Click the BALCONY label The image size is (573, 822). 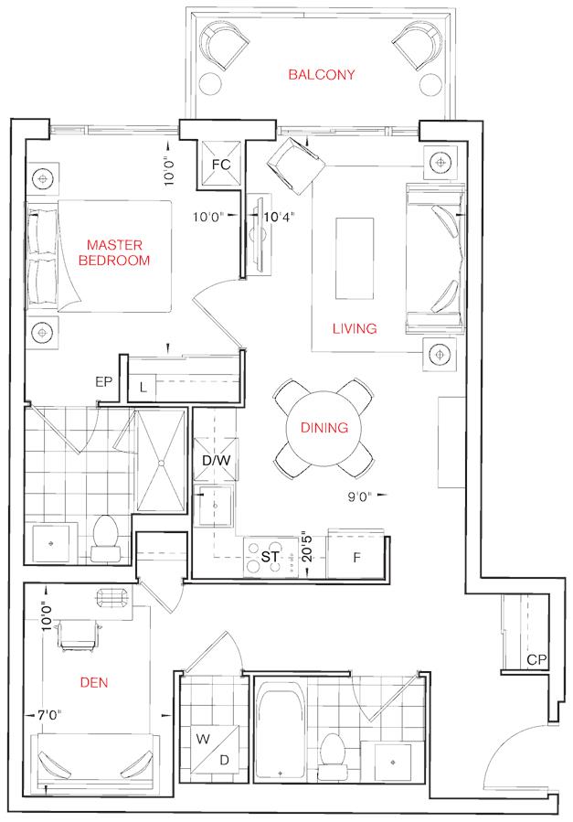[x=321, y=74]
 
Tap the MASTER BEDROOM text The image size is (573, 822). [x=114, y=252]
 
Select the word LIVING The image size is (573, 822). [x=355, y=328]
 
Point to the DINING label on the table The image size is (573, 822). [x=324, y=428]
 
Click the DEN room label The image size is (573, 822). [x=94, y=682]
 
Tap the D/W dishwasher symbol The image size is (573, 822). [x=216, y=460]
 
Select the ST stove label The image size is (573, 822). [x=270, y=557]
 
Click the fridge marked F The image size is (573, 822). [x=356, y=557]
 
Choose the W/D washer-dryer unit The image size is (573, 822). [x=215, y=750]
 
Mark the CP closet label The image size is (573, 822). [x=536, y=660]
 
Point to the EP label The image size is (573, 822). [x=103, y=382]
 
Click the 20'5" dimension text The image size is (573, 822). [x=307, y=549]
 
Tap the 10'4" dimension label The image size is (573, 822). [x=279, y=217]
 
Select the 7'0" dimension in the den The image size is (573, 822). [x=49, y=714]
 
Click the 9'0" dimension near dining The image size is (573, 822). [x=360, y=496]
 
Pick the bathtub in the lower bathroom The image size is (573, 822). [x=280, y=734]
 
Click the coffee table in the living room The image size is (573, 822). [x=355, y=259]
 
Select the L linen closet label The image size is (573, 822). [x=143, y=389]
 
